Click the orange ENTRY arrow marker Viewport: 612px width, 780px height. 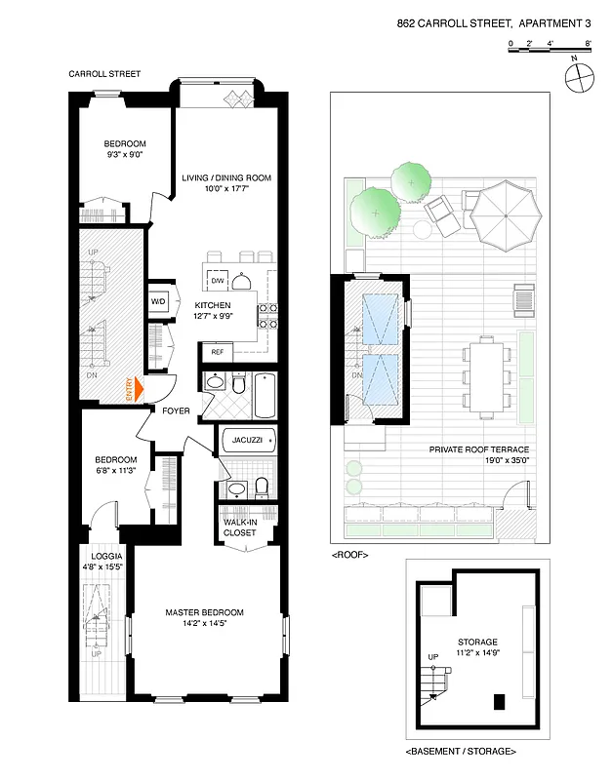[137, 390]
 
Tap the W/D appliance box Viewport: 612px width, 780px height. [158, 302]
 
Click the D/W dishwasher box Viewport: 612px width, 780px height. [217, 281]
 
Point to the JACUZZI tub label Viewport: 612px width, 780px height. [244, 440]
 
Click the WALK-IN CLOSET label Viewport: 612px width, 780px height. [239, 527]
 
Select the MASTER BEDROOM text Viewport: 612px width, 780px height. [204, 612]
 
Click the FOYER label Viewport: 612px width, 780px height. [176, 410]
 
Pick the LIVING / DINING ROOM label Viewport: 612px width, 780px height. [225, 177]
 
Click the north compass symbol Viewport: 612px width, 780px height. [579, 81]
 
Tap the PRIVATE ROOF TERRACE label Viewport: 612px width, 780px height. [479, 449]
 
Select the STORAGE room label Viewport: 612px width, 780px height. [477, 642]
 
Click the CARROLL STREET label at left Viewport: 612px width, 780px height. [104, 73]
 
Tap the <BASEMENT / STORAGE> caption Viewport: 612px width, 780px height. [461, 752]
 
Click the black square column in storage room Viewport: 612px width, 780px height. [500, 700]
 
